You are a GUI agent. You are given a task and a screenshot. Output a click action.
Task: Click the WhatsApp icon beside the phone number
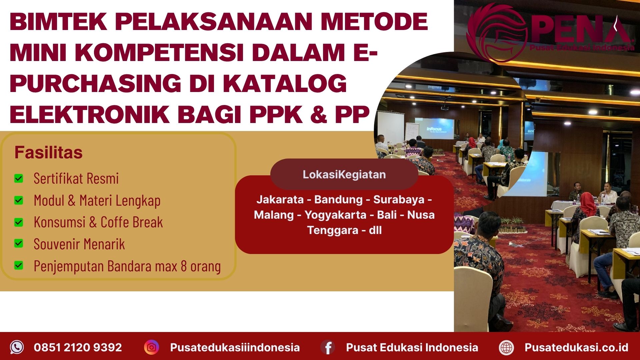pyautogui.click(x=17, y=347)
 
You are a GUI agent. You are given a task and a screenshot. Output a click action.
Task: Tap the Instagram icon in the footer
pyautogui.click(x=152, y=347)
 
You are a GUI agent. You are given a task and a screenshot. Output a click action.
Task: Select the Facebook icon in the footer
pyautogui.click(x=328, y=347)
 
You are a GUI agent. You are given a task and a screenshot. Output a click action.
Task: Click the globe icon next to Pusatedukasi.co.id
pyautogui.click(x=506, y=347)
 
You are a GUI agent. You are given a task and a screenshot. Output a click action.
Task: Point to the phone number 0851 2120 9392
pyautogui.click(x=78, y=347)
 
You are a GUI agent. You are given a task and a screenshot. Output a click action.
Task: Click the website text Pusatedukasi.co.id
pyautogui.click(x=576, y=347)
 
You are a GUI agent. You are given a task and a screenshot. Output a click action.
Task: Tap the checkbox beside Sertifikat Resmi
pyautogui.click(x=19, y=179)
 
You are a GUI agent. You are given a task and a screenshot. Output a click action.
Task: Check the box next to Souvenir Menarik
pyautogui.click(x=19, y=244)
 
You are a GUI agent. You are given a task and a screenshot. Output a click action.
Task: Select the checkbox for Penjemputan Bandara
pyautogui.click(x=19, y=266)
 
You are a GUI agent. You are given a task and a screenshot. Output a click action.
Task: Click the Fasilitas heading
pyautogui.click(x=48, y=153)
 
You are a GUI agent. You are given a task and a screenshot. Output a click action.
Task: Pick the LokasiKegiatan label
pyautogui.click(x=344, y=174)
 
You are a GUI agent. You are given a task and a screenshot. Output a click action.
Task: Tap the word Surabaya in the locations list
pyautogui.click(x=399, y=199)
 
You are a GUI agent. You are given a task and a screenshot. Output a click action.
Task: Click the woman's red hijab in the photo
pyautogui.click(x=587, y=202)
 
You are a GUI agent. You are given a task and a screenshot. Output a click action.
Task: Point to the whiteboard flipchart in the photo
pyautogui.click(x=412, y=132)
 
